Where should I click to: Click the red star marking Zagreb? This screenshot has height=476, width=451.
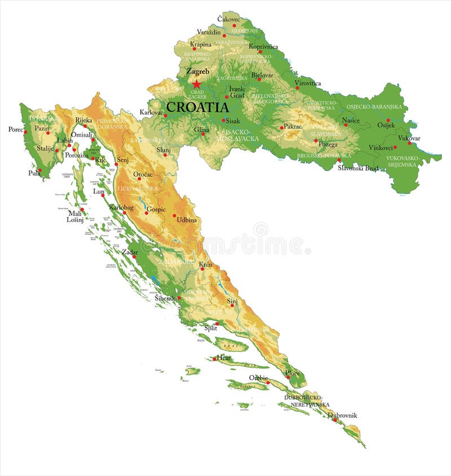[196, 84]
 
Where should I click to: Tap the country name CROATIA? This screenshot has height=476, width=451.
[197, 107]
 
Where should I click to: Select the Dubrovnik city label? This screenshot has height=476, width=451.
[342, 415]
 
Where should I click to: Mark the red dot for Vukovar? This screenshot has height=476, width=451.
[410, 143]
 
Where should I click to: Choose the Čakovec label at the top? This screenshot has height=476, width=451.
[228, 19]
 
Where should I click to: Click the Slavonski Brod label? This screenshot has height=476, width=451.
[358, 168]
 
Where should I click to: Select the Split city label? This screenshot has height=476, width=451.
[210, 327]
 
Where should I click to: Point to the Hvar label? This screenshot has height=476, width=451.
[224, 357]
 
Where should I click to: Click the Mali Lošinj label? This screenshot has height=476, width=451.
[75, 216]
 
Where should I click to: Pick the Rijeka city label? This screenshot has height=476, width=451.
[83, 120]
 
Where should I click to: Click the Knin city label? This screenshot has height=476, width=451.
[205, 264]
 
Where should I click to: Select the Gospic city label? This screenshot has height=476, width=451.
[156, 209]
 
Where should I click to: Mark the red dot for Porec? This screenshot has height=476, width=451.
[25, 132]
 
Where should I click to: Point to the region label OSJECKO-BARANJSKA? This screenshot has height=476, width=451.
[374, 107]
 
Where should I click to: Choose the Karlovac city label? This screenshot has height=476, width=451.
[151, 112]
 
